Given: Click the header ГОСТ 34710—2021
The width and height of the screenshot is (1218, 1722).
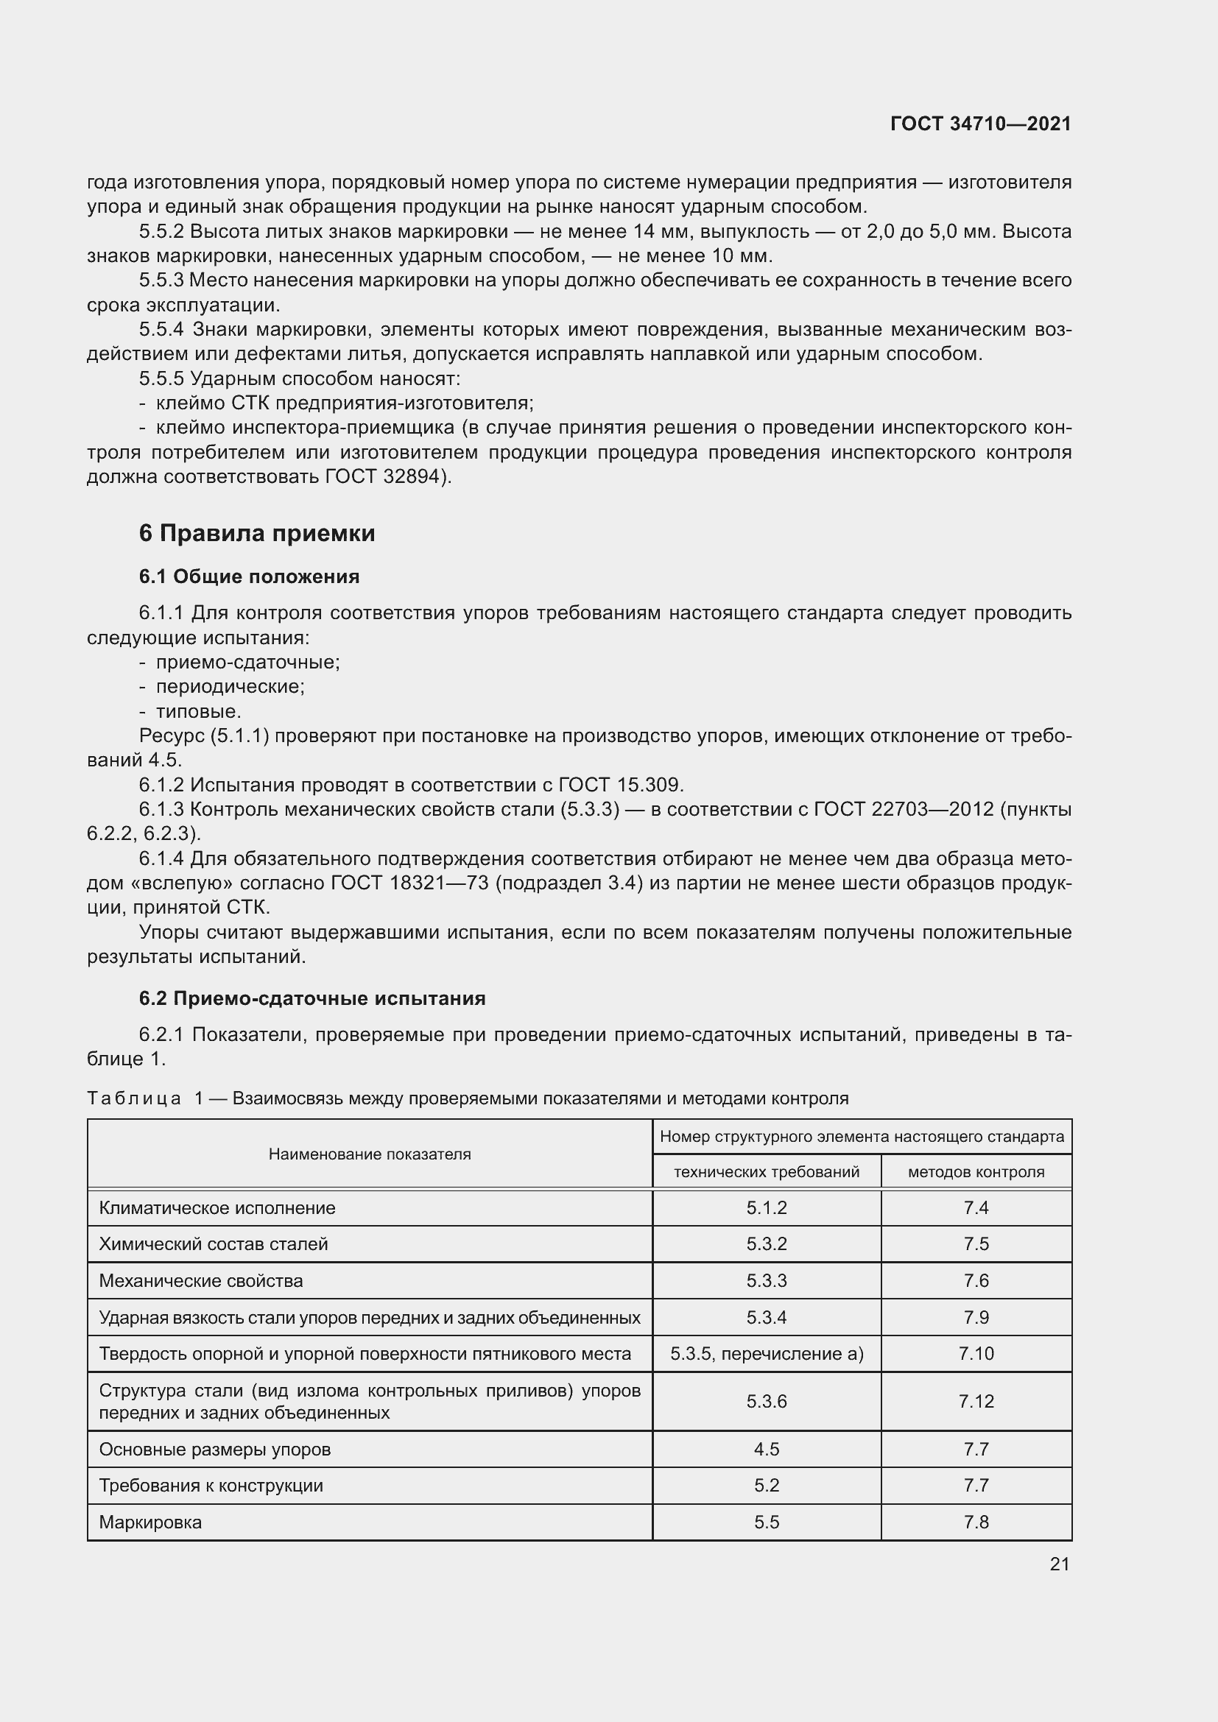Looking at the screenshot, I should click(980, 124).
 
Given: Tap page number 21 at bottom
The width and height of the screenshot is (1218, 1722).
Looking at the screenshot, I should click(1059, 1564).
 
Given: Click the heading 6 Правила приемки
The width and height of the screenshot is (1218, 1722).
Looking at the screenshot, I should click(256, 533).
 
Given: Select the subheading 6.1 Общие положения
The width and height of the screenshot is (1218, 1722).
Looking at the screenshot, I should click(249, 576).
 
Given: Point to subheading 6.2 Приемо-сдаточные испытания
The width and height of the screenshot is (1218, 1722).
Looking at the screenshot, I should click(312, 998).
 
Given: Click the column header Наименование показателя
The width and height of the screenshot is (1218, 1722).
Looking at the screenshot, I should click(370, 1154).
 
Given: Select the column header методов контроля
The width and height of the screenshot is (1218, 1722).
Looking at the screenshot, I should click(976, 1172).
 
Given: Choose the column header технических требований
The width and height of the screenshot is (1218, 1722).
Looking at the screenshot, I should click(767, 1172).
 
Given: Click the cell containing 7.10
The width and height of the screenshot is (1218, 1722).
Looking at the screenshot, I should click(976, 1354).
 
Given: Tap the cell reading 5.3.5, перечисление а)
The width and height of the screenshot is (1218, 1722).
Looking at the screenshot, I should click(767, 1354).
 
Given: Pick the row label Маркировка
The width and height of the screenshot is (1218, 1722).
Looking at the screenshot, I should click(150, 1522).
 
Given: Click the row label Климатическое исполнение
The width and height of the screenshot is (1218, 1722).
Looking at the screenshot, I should click(217, 1208).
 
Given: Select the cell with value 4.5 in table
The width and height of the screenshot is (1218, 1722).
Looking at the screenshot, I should click(767, 1449).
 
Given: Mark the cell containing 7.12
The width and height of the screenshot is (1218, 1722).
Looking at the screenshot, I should click(976, 1401).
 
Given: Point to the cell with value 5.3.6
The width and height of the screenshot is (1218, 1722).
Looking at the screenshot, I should click(767, 1401).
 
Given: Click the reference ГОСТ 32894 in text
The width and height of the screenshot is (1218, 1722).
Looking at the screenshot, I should click(384, 477).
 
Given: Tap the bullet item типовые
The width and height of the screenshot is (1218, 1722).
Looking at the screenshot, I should click(198, 711).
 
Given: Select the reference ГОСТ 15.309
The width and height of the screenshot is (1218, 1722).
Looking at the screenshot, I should click(620, 786).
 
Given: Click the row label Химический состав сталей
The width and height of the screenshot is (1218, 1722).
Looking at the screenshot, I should click(213, 1244).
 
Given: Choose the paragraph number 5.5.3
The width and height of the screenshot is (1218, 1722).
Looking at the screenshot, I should click(161, 280).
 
